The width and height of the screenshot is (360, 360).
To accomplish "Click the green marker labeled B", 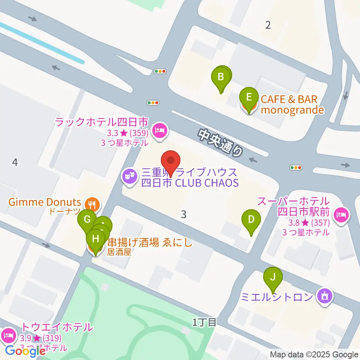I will click(x=221, y=77).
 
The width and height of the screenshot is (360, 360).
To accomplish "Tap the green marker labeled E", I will click(x=249, y=97).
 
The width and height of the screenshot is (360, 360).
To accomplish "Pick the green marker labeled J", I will click(x=273, y=277).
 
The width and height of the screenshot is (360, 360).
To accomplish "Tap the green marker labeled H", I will click(x=96, y=238).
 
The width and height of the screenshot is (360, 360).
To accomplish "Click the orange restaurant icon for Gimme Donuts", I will click(x=92, y=204).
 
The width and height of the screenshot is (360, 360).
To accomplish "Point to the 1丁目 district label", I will click(x=204, y=322).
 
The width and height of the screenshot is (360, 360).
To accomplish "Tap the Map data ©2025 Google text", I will click(x=314, y=355).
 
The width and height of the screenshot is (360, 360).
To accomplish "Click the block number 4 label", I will click(x=15, y=162).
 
